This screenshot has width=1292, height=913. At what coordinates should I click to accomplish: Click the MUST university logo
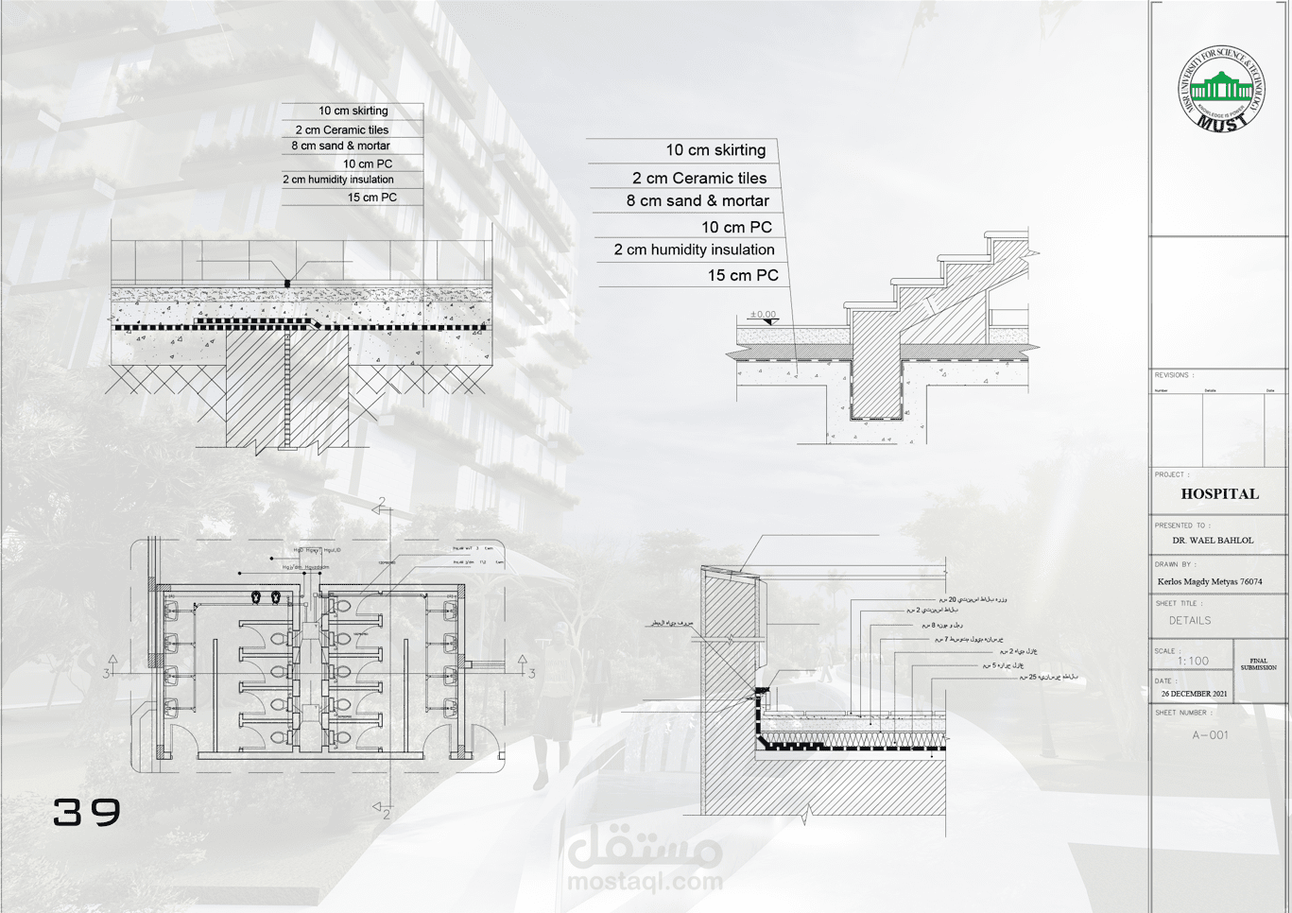(1220, 89)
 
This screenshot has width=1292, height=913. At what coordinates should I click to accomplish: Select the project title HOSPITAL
(1219, 493)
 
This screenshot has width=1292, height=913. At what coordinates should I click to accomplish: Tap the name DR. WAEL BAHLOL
(1213, 541)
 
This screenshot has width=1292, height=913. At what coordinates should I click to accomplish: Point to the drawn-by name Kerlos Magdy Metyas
(1209, 581)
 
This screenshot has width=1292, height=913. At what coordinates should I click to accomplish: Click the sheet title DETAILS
(1189, 621)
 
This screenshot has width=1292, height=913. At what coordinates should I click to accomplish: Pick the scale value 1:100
(1193, 662)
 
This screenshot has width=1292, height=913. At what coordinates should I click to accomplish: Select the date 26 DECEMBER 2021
(1194, 694)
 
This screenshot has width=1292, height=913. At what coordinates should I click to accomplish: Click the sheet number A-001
(1210, 735)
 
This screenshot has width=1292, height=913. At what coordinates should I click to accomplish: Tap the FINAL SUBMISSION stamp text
(1258, 664)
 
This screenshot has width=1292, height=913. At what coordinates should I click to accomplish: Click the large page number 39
(87, 812)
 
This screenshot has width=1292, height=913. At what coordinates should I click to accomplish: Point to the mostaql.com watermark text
(645, 882)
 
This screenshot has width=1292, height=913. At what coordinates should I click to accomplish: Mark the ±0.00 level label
(763, 315)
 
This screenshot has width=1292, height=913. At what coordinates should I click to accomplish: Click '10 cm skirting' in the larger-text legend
(715, 150)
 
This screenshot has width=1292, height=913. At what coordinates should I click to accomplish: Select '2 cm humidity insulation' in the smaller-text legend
(337, 180)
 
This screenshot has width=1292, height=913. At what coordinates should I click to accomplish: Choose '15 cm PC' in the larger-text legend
(743, 275)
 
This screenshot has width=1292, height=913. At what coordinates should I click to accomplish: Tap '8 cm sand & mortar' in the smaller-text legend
(340, 146)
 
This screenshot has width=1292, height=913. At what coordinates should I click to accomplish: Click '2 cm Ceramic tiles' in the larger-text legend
(699, 178)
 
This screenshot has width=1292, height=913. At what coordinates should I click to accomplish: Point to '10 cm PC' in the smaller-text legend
(368, 164)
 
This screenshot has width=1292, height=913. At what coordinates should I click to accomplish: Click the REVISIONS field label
(1173, 375)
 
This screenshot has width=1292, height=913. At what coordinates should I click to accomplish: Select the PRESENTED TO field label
(1181, 525)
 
